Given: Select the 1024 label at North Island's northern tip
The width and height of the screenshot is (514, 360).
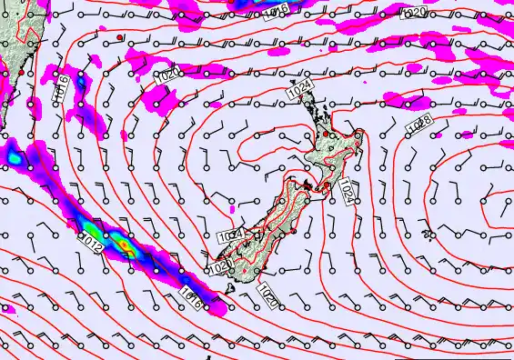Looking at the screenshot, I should (300, 88).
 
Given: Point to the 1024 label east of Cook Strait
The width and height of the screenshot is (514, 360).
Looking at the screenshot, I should (348, 192).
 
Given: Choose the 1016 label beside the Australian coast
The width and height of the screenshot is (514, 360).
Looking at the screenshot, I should (60, 88).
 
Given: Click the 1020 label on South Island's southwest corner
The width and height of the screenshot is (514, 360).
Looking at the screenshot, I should (219, 265).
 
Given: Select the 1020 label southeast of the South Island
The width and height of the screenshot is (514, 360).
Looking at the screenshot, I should (268, 293).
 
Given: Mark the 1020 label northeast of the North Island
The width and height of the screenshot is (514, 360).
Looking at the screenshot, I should (413, 13).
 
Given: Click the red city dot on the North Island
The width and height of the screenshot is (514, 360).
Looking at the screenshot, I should (326, 135).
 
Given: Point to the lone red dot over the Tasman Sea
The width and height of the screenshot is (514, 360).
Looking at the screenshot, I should (119, 37).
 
